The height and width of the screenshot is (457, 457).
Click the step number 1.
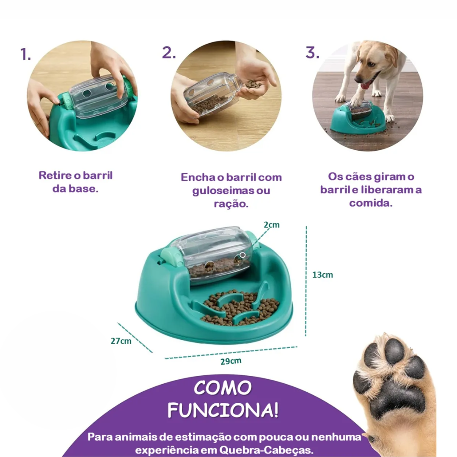point(25,54)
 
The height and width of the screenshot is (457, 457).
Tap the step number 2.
point(169,53)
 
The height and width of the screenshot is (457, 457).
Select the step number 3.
point(312,53)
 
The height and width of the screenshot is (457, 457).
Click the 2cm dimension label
point(271,225)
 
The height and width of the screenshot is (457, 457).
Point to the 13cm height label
point(322,275)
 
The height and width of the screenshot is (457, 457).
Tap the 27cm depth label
point(121,341)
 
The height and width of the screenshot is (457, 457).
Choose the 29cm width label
point(231,361)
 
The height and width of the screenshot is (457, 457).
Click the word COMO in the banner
point(223,388)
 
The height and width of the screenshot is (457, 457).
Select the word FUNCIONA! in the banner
point(223,410)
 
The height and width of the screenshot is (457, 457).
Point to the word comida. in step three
point(371,203)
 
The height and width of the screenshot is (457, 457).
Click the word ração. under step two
point(231,204)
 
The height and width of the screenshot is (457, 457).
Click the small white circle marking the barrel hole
point(242,255)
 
